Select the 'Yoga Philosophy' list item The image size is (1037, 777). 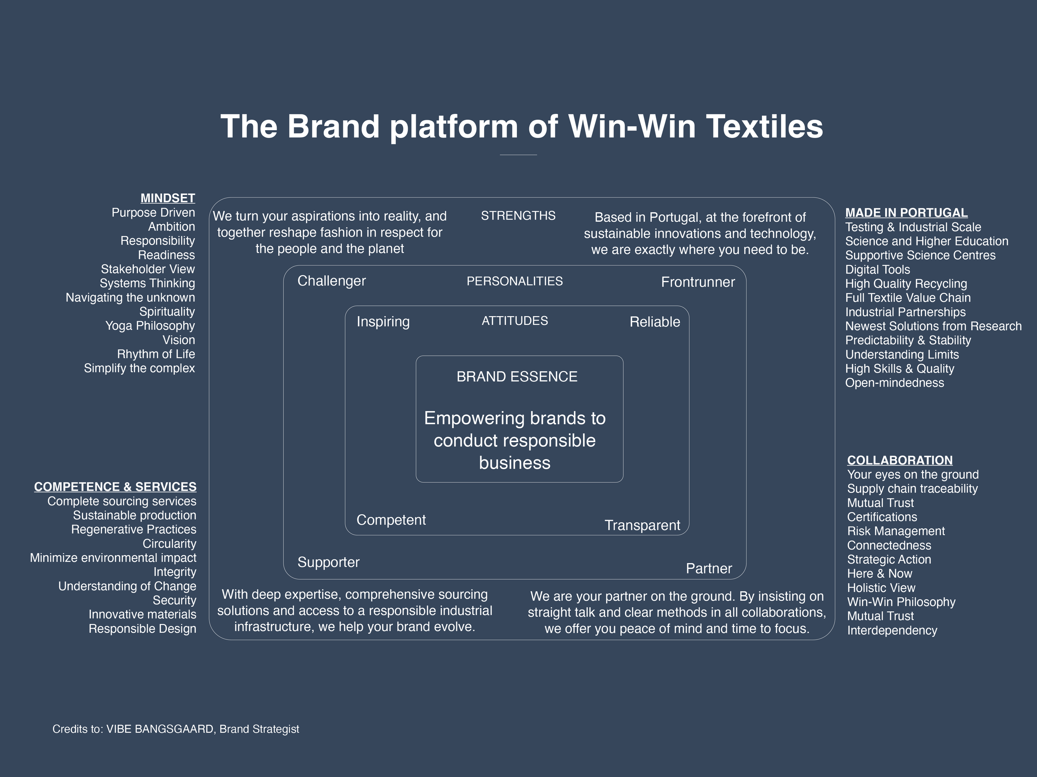pyautogui.click(x=150, y=325)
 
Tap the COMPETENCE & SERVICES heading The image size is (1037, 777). pyautogui.click(x=115, y=487)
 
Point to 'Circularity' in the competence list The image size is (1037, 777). pyautogui.click(x=169, y=543)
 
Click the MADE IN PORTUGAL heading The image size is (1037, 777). pyautogui.click(x=906, y=213)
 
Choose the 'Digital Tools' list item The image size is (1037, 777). pyautogui.click(x=877, y=269)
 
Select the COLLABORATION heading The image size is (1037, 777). pyautogui.click(x=900, y=460)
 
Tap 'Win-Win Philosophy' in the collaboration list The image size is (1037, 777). pyautogui.click(x=901, y=602)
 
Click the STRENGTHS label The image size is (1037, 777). pyautogui.click(x=518, y=215)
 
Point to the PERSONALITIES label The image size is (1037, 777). pyautogui.click(x=514, y=281)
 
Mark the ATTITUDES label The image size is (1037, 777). pyautogui.click(x=514, y=321)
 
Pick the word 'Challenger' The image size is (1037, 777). pyautogui.click(x=331, y=281)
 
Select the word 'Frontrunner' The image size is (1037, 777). pyautogui.click(x=698, y=282)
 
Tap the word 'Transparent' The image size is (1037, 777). pyautogui.click(x=642, y=525)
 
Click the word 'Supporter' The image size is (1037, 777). pyautogui.click(x=328, y=562)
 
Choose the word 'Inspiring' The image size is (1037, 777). pyautogui.click(x=383, y=321)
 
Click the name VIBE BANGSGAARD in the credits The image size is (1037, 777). pyautogui.click(x=159, y=729)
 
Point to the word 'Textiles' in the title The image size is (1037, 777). pyautogui.click(x=764, y=126)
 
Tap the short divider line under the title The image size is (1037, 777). pyautogui.click(x=518, y=155)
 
